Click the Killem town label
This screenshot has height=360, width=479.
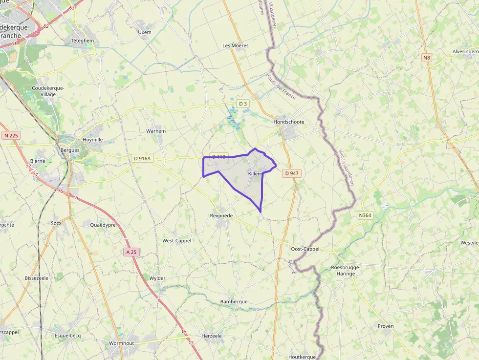[x=255, y=174]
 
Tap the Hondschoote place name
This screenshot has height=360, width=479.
[x=289, y=122]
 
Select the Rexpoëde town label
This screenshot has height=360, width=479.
[x=221, y=215]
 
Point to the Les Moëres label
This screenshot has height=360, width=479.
[x=236, y=45]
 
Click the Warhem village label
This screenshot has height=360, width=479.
[x=156, y=131]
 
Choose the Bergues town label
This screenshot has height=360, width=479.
[x=70, y=150]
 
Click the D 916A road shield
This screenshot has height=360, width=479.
[x=143, y=158]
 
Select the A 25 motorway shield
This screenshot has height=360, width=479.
[x=131, y=252]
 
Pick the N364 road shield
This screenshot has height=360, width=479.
[x=365, y=215]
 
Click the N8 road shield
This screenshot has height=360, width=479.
[x=427, y=58]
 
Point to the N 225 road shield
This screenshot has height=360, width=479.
[x=10, y=135]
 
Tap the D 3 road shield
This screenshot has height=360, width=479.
[x=242, y=104]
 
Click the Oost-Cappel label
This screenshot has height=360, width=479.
[x=305, y=249]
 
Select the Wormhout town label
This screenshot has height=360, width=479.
[x=121, y=343]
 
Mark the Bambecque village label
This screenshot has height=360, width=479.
[x=234, y=301]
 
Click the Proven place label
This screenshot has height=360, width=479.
[x=386, y=326]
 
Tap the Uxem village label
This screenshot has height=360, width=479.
[x=145, y=32]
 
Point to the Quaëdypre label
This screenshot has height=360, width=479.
[x=103, y=225]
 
